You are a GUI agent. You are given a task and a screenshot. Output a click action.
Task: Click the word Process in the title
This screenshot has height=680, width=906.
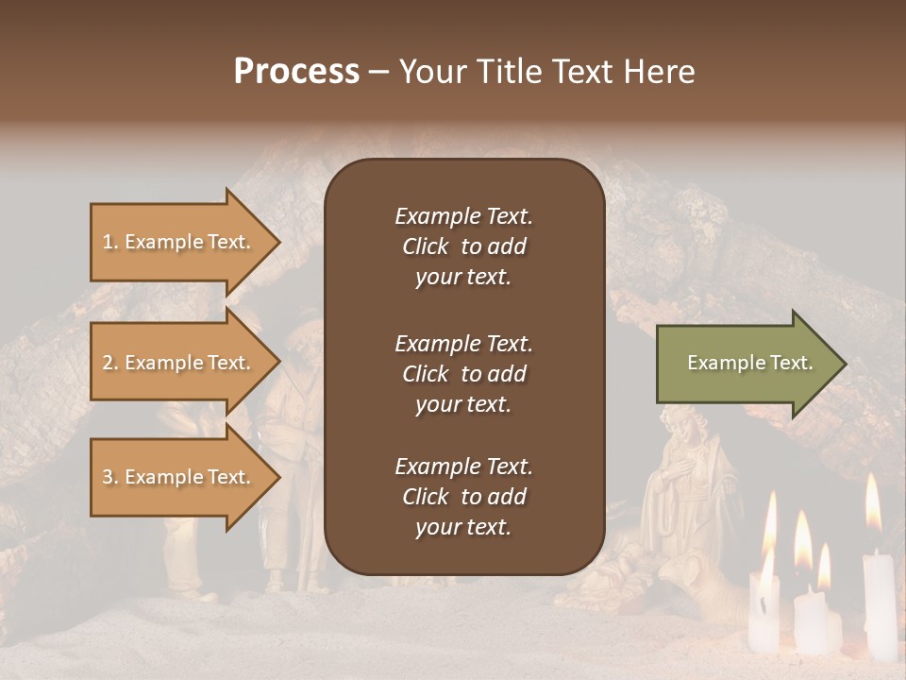click(x=296, y=72)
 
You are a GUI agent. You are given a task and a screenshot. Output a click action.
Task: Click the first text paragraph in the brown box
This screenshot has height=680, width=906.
click(x=463, y=246)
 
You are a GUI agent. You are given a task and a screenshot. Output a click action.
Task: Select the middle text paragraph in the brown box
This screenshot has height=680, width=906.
click(x=463, y=374)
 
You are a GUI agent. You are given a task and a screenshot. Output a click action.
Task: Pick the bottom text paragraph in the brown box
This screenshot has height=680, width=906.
click(x=463, y=497)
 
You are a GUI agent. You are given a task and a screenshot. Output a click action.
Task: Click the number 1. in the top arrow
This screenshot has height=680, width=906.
click(x=110, y=242)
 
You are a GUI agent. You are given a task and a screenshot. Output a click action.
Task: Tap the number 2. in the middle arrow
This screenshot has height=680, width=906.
click(x=110, y=363)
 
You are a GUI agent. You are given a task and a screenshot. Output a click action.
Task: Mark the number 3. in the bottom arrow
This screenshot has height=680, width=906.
click(x=110, y=477)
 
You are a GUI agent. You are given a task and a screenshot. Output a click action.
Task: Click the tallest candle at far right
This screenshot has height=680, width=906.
click(x=880, y=604)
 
